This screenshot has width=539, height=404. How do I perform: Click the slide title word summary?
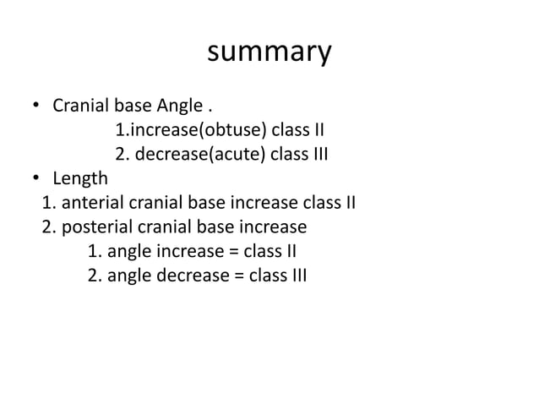point(269,52)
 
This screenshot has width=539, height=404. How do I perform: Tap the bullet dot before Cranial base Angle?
point(36,107)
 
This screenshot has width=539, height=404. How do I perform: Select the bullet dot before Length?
point(36,178)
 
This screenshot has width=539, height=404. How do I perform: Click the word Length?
point(80,179)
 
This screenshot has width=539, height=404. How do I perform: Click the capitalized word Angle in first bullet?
point(179,107)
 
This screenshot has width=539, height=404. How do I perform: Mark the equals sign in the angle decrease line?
point(238,276)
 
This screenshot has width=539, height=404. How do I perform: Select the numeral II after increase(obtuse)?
point(318,131)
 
